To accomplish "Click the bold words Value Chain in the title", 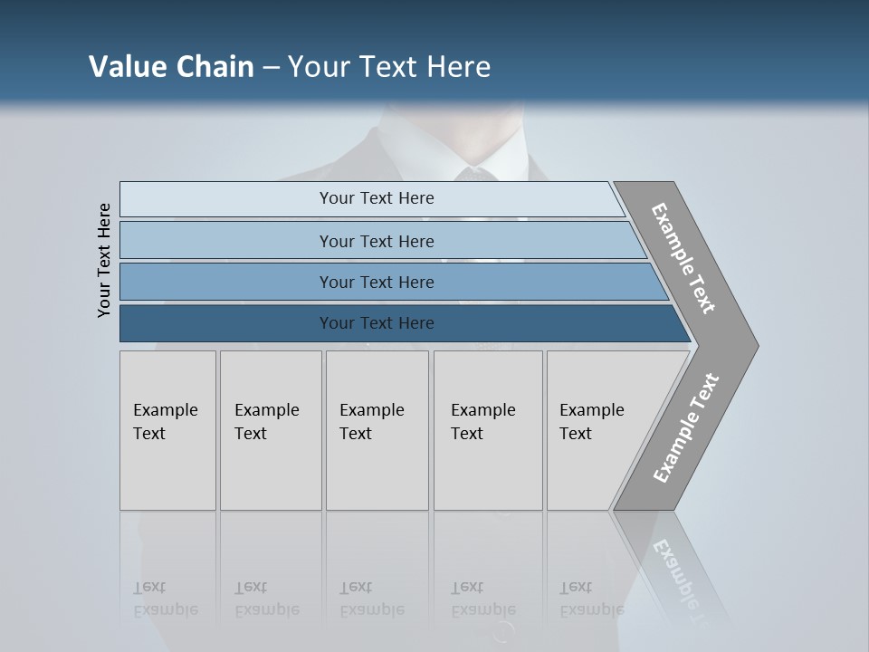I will coord(171,67).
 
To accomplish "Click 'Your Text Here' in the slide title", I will coord(389,67).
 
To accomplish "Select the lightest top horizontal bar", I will coord(272,198).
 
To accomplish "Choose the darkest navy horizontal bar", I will coord(226,323).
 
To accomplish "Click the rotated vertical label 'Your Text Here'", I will coord(104,261).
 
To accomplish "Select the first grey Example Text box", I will coord(167,430).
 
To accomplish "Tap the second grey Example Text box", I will coord(271,430).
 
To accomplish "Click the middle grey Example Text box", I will coord(377,430).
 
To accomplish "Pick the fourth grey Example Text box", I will coord(488,430).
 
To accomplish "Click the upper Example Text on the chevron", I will coord(683,258).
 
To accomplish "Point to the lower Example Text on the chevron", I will coord(685,428).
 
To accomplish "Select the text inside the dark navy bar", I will coord(377,323).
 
